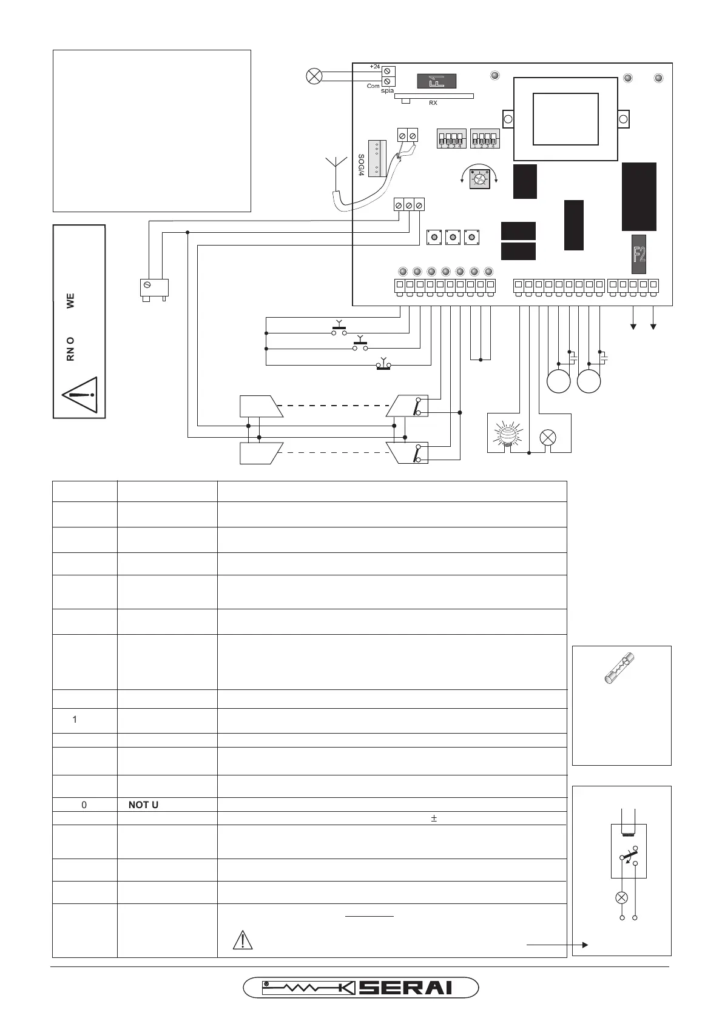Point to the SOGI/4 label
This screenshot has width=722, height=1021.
point(361,165)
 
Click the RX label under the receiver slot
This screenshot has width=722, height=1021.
point(433,103)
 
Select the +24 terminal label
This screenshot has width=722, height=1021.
point(374,66)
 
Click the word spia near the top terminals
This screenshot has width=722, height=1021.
point(387,91)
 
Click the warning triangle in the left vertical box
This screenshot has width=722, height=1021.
point(79,395)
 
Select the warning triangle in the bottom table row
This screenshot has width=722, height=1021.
point(242,939)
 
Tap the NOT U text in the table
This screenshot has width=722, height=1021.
point(143,805)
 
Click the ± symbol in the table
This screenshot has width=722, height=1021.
point(434,818)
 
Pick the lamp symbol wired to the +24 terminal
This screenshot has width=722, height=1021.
point(314,76)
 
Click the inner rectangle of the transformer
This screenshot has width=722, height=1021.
point(565,119)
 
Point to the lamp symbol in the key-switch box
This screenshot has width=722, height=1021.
point(621,898)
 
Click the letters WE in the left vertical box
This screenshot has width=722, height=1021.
point(70,301)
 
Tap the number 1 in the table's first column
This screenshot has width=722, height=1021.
point(75,720)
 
